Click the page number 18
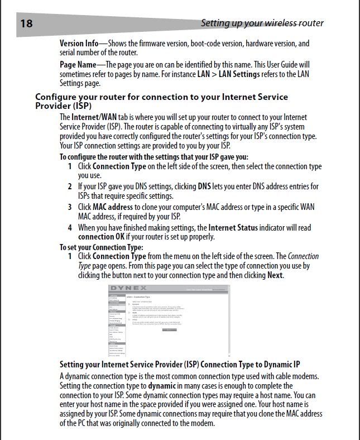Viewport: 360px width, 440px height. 26,23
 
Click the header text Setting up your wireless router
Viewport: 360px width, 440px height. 262,23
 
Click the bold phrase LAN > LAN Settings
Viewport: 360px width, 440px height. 229,74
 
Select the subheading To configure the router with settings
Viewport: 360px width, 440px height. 153,157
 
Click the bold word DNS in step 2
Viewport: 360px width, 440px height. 204,186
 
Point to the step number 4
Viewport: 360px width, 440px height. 70,228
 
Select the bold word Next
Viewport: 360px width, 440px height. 275,275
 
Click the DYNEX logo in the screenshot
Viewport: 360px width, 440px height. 125,289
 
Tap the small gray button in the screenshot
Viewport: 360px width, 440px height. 169,330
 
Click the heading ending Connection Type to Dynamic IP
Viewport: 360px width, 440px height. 180,364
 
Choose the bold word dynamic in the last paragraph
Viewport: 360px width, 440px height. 163,386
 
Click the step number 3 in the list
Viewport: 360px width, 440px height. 70,207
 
